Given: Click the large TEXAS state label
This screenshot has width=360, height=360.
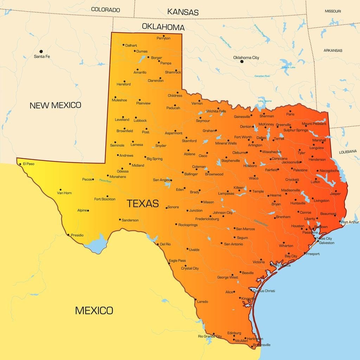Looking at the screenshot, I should (142, 203).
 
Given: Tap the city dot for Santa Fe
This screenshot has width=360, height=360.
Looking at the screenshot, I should (41, 51).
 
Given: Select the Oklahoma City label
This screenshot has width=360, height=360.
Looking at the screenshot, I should (246, 58).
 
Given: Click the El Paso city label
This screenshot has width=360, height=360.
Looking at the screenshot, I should (28, 164).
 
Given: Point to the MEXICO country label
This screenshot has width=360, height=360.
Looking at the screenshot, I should (94, 310).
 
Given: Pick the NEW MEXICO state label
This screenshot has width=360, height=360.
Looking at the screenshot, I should (55, 105).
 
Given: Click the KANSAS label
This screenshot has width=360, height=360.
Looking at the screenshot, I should (183, 12).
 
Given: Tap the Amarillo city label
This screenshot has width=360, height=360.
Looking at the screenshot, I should (140, 72).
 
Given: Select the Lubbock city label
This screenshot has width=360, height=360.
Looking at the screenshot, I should (140, 121).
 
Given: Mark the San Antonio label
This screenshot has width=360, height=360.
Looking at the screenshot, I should (233, 244).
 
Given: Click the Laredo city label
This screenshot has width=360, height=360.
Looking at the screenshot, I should (202, 302).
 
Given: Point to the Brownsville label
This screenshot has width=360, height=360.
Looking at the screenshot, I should (260, 345).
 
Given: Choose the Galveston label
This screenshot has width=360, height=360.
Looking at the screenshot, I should (327, 243).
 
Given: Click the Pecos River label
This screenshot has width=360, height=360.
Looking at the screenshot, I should (105, 181).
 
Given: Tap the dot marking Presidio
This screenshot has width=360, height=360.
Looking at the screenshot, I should (68, 235).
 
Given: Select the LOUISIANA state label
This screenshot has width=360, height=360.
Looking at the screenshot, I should (348, 152).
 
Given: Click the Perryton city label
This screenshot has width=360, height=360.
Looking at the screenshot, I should (163, 38).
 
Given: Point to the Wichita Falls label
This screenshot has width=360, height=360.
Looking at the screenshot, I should (216, 111).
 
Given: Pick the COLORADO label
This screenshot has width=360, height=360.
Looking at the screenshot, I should (105, 10).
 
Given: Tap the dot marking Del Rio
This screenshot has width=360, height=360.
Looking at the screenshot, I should (157, 244).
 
